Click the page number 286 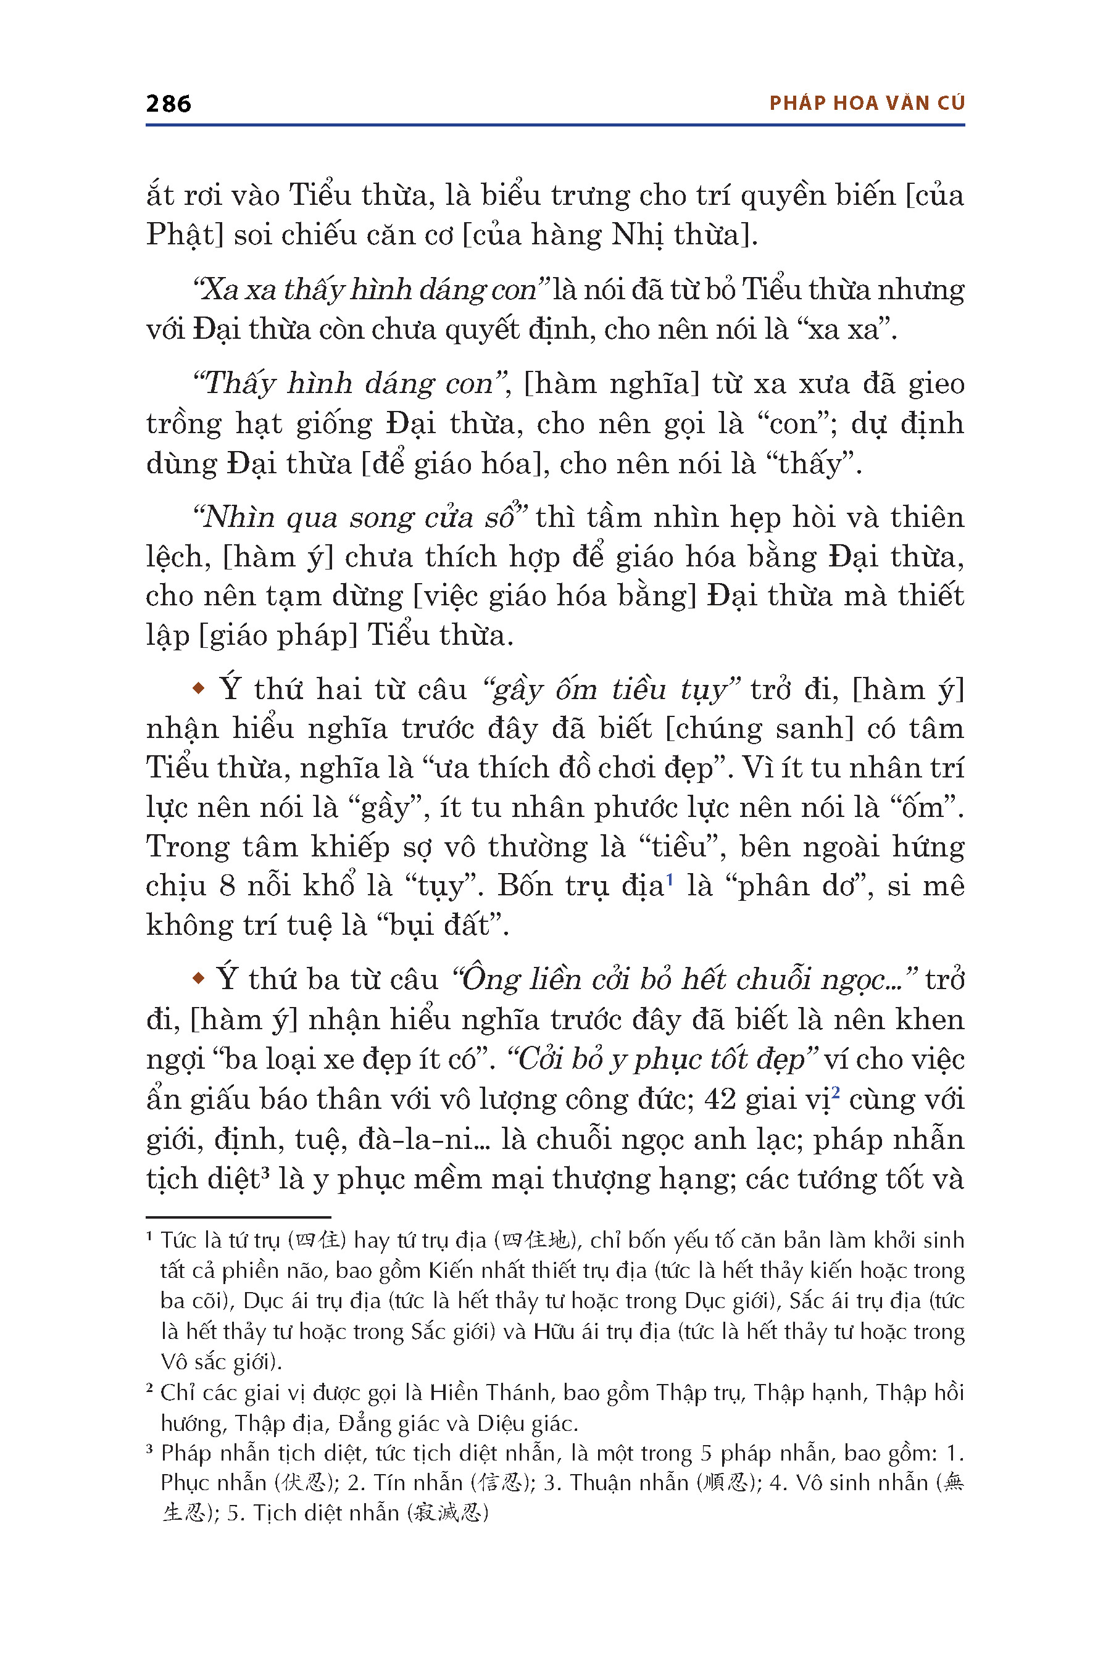(x=168, y=104)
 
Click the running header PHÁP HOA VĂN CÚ (x=867, y=104)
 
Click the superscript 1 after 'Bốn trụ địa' (x=670, y=879)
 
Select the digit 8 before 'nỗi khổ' (x=227, y=886)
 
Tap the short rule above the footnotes (x=238, y=1217)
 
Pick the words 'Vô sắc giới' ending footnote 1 (x=219, y=1361)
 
